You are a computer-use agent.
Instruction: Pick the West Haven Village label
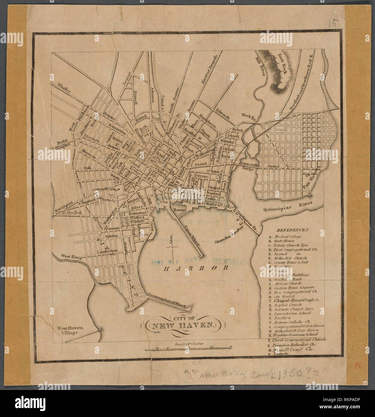coord(67,330)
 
